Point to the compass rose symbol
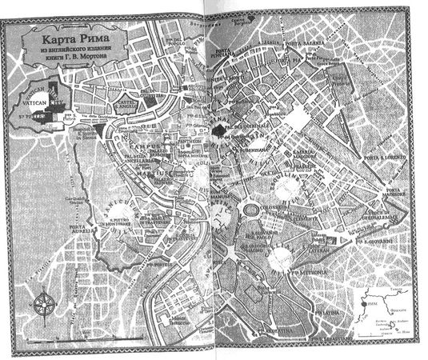point(45,303)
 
